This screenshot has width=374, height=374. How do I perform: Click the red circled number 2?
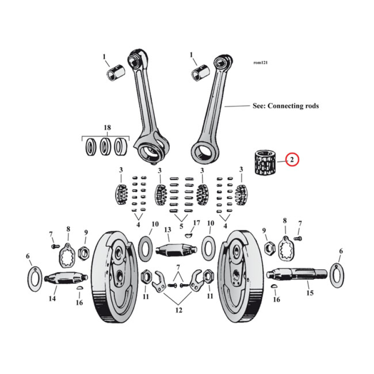tap(292, 160)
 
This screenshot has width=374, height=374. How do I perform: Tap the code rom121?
tap(260, 62)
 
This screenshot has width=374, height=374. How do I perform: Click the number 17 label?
tap(196, 223)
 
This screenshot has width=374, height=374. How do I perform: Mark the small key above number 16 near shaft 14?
tap(79, 289)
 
